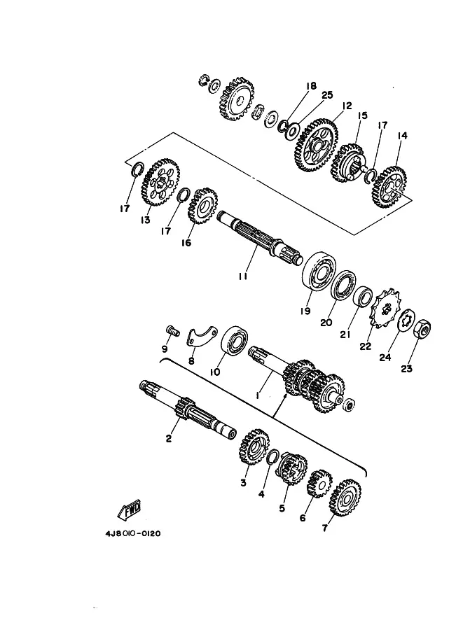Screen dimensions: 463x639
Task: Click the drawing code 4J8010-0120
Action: [x=133, y=533]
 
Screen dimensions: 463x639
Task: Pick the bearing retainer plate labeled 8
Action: [x=202, y=335]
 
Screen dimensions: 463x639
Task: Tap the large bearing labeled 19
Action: [x=319, y=272]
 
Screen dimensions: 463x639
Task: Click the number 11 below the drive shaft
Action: [x=243, y=276]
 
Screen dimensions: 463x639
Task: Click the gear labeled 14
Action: [x=390, y=188]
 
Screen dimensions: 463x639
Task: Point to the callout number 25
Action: [x=327, y=95]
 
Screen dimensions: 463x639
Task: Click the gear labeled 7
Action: [x=345, y=498]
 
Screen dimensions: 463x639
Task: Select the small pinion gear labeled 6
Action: [x=319, y=484]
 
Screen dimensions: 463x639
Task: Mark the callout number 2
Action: [x=169, y=439]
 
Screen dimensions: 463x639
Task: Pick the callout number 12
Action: [x=347, y=106]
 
